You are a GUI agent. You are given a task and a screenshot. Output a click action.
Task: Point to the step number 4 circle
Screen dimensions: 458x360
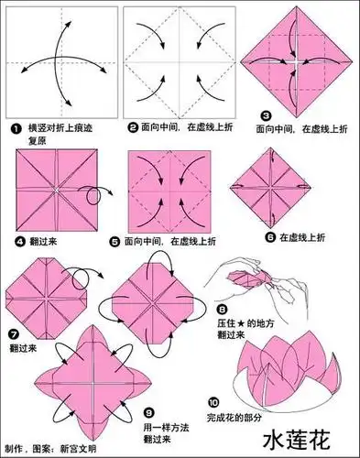19,242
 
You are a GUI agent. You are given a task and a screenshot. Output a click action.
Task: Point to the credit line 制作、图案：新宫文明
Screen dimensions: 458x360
55,447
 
